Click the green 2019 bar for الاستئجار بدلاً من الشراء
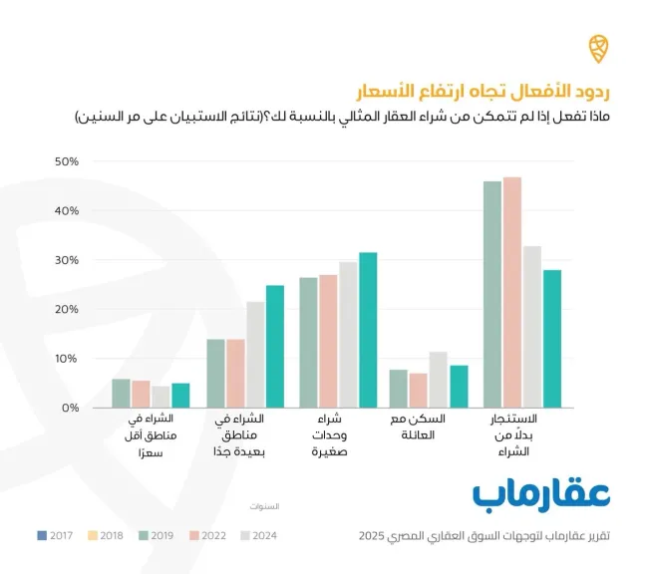tap(492, 294)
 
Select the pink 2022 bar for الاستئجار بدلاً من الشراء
tap(512, 292)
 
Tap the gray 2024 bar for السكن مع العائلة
tap(438, 380)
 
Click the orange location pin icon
tap(595, 47)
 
